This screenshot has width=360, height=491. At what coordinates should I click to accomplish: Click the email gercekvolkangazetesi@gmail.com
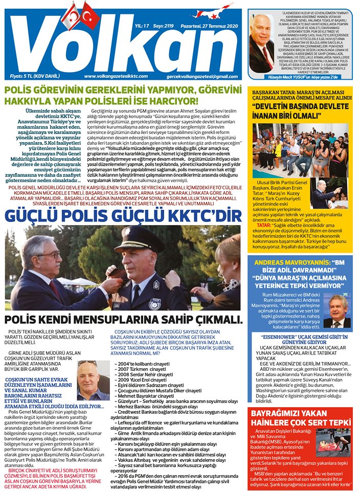point(206,76)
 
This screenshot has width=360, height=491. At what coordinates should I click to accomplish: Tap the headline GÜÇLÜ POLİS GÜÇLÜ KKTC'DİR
point(123,215)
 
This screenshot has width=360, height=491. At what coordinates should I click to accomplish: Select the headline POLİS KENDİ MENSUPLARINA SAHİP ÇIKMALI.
point(123,320)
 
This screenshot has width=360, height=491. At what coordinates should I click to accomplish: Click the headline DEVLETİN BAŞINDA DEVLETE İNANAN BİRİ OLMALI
point(299,113)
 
